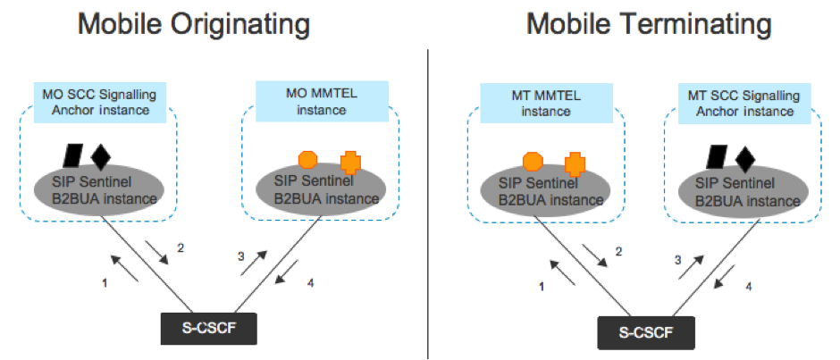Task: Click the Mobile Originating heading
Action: coord(195,24)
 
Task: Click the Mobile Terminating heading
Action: coord(638,24)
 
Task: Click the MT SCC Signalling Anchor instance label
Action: coord(741,103)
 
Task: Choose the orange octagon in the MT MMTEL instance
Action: coord(532,162)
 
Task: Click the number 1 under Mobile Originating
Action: coord(105,283)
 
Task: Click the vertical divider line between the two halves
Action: coord(429,197)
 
